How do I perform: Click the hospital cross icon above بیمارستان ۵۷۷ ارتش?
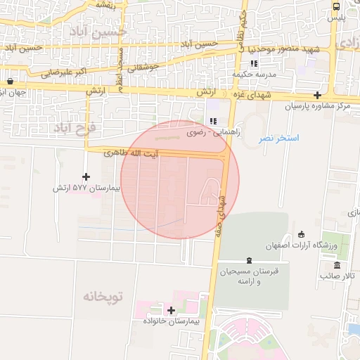[86, 176]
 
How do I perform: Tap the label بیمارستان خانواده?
[172, 321]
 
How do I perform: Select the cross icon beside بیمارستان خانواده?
[171, 309]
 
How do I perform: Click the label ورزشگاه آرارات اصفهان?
[300, 245]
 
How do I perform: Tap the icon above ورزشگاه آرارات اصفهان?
[302, 234]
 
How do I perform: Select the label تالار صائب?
[335, 276]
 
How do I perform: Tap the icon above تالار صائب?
[338, 265]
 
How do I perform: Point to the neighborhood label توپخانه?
[102, 297]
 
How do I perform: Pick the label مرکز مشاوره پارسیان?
[317, 105]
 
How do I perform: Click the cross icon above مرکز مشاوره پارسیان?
[318, 95]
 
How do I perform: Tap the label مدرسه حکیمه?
[253, 74]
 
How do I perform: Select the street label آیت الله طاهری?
[131, 152]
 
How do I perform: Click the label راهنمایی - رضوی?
[213, 131]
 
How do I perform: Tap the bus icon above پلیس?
[337, 6]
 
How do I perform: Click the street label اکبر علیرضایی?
[63, 72]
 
